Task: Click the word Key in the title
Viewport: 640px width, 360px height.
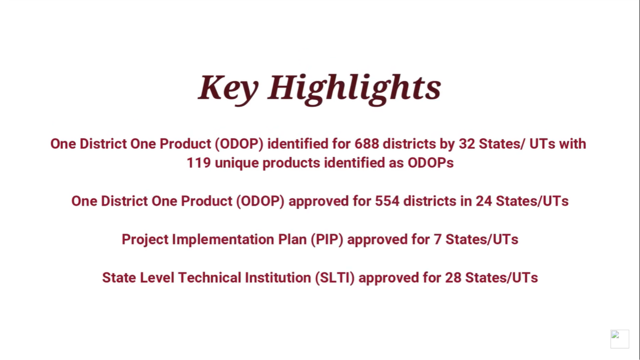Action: click(228, 87)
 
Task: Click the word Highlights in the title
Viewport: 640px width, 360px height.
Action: click(354, 87)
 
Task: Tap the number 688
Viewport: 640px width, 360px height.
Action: click(366, 144)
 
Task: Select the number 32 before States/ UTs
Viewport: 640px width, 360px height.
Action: click(467, 144)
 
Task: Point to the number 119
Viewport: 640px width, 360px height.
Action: click(198, 163)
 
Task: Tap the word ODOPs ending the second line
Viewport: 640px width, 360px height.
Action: click(430, 163)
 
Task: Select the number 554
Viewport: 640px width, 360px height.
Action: click(387, 201)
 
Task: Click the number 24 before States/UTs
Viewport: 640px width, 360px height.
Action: click(483, 201)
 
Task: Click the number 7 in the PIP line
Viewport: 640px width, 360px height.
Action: click(437, 240)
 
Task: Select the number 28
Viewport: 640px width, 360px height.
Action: click(453, 278)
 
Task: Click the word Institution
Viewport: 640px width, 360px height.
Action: click(278, 278)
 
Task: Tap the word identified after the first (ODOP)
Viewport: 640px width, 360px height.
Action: click(298, 144)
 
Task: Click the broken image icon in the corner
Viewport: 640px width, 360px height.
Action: click(619, 339)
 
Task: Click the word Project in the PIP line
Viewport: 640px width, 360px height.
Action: click(145, 240)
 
